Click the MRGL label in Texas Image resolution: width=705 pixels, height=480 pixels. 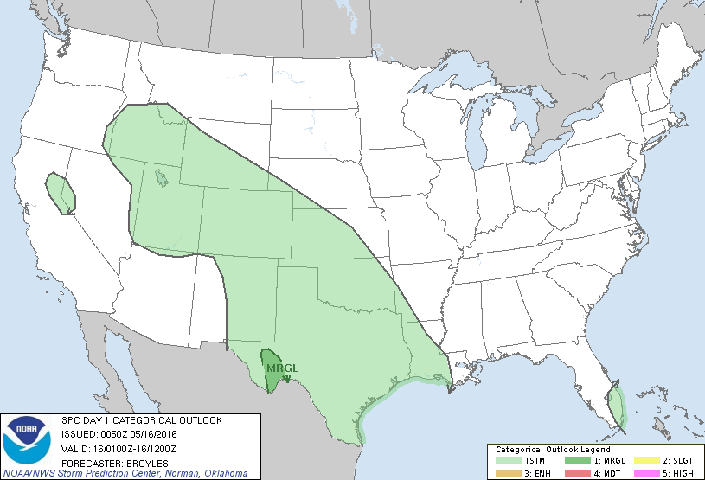(282, 369)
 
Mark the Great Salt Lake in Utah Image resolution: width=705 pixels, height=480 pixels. (162, 179)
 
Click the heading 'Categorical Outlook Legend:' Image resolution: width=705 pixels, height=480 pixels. (554, 450)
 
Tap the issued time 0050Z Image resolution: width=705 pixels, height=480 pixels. (112, 434)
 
